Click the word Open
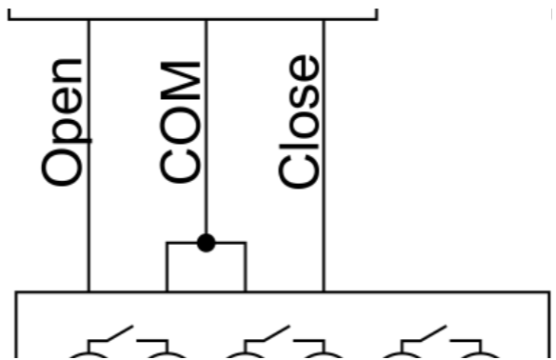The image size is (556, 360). [x=67, y=122]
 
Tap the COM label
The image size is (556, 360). [x=180, y=122]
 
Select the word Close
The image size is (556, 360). [x=299, y=121]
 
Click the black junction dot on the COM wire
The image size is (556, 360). [x=207, y=243]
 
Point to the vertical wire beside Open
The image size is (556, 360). [x=89, y=155]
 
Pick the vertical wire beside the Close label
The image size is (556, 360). [x=324, y=155]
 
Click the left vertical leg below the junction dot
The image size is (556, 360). [x=168, y=267]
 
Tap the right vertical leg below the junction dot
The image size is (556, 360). [x=246, y=267]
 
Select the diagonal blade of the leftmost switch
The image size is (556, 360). [x=120, y=333]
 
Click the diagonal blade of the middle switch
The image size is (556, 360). [x=277, y=333]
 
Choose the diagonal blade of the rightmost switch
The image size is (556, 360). [x=433, y=333]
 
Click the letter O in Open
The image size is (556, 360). [x=62, y=168]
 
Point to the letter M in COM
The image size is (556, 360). [x=180, y=80]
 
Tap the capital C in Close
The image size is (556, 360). [x=299, y=171]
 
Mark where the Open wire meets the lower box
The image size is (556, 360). [x=89, y=291]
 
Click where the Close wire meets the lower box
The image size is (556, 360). [x=324, y=291]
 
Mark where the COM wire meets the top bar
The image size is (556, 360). [x=207, y=19]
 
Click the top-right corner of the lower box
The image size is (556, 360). [x=549, y=292]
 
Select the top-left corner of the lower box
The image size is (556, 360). [x=16, y=292]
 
